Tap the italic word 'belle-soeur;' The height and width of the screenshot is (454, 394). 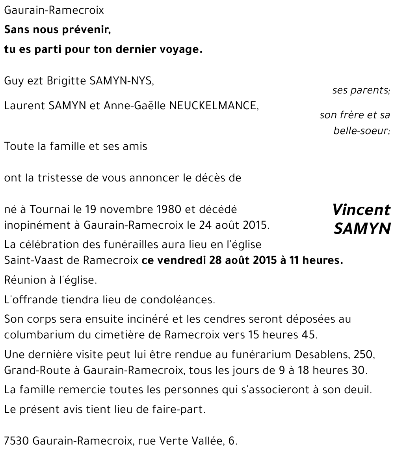coord(362,131)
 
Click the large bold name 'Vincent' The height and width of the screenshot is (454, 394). coord(361,210)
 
